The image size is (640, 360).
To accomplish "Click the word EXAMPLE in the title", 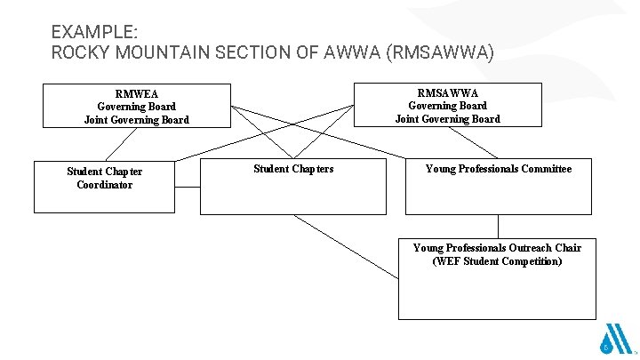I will coord(92,32).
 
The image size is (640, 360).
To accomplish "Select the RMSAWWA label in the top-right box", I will coord(447,92).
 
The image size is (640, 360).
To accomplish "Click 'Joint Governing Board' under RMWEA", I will coord(136,120).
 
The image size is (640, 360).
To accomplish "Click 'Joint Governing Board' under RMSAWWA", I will coord(447,118).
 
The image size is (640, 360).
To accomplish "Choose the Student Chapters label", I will coord(293,168).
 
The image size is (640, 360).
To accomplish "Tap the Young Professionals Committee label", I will coord(499,168).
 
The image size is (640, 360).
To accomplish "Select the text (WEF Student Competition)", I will coord(497,261).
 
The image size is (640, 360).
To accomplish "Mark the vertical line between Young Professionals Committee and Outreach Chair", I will coord(498,227).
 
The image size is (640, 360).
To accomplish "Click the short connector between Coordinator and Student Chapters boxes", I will coord(188,188).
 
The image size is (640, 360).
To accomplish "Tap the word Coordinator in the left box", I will coord(105,185).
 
